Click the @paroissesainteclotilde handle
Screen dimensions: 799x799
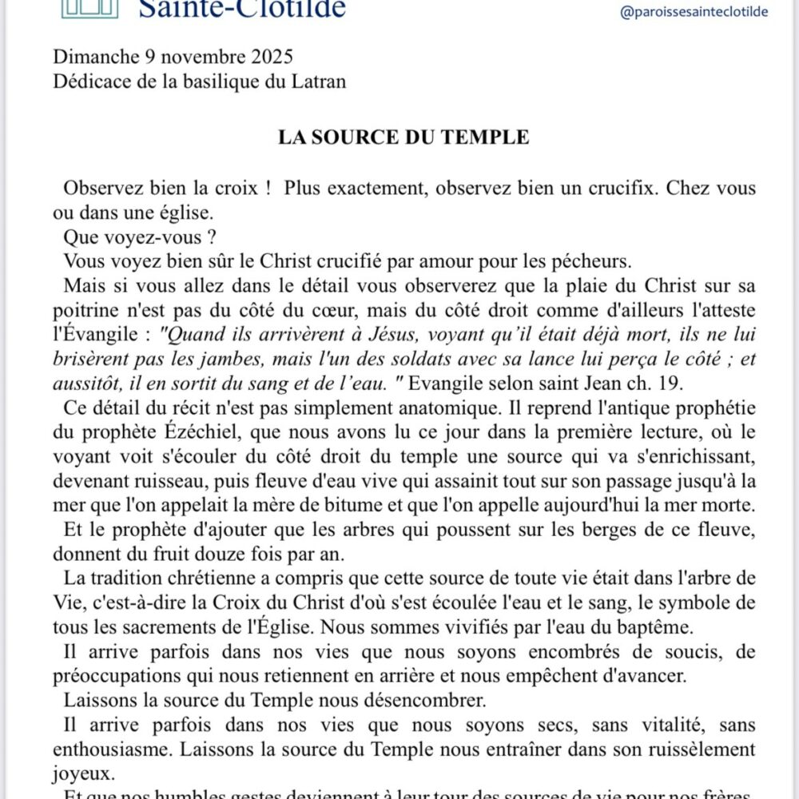[x=694, y=12]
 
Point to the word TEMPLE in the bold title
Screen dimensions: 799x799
[x=489, y=137]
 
